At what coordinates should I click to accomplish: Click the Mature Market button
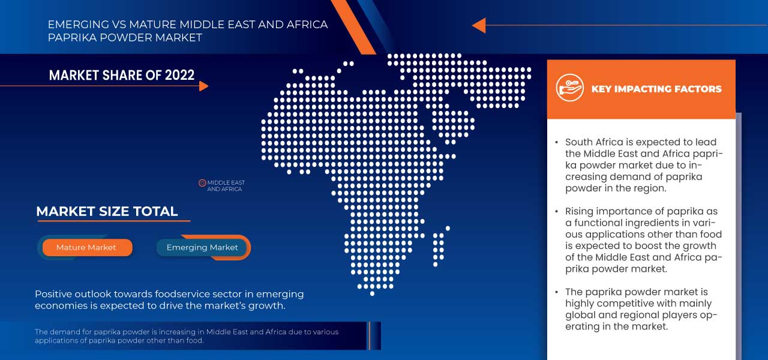(86, 247)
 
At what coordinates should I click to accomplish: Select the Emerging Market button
(202, 247)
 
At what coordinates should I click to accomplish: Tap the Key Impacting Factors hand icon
(569, 88)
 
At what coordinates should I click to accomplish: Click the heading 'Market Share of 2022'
(122, 75)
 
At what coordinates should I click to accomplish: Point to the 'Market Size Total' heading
(107, 211)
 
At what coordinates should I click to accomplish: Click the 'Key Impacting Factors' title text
(656, 89)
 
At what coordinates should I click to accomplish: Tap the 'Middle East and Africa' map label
(226, 186)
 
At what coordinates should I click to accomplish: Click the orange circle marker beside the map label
(202, 183)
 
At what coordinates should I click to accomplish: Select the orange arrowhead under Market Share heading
(203, 86)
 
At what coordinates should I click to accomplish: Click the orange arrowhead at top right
(478, 25)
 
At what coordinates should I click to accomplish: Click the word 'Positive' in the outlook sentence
(55, 294)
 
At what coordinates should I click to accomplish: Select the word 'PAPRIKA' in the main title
(69, 38)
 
